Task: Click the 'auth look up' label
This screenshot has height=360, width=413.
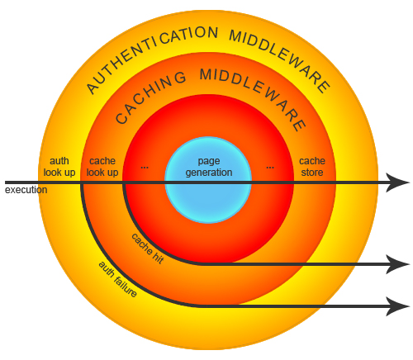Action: (59, 167)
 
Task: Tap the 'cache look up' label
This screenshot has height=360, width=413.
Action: (102, 167)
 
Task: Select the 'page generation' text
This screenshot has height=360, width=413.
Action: (209, 167)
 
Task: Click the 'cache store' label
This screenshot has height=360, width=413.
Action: (312, 167)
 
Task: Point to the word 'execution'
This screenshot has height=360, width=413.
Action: (26, 190)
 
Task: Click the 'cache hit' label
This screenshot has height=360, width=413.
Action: (148, 249)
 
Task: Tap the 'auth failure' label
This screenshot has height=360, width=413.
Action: (118, 279)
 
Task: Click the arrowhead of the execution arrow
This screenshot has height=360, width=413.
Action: (398, 182)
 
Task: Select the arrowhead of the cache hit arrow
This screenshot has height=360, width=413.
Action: (398, 264)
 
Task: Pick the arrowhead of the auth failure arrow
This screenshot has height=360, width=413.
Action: (398, 306)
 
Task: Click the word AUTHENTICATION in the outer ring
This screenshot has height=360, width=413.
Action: (152, 55)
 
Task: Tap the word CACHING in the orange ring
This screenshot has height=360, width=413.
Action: (150, 97)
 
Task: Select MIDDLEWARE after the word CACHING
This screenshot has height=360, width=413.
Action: (253, 97)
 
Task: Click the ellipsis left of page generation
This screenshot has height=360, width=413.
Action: (145, 168)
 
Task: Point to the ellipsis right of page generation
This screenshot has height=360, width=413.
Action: (270, 168)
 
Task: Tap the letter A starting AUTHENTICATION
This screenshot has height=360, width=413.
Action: (93, 88)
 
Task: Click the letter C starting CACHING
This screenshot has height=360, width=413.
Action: (121, 118)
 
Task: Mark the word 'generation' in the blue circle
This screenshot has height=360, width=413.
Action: (209, 173)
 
